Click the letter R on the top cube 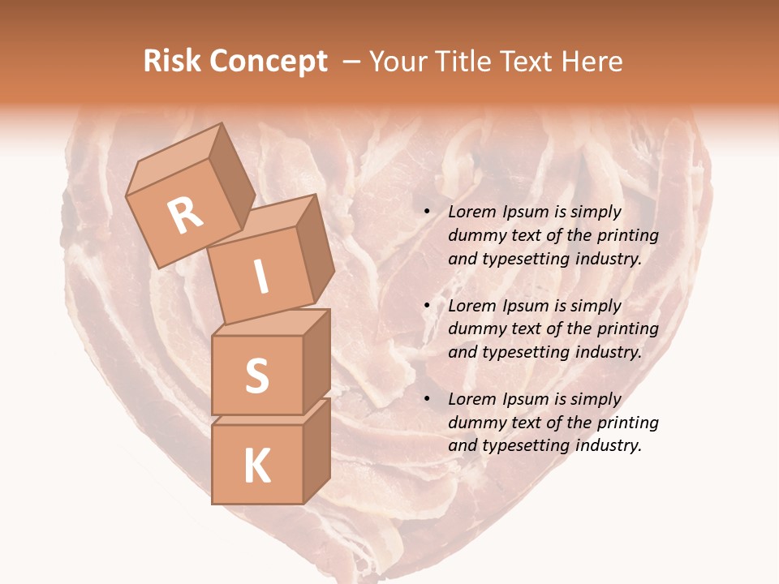pyautogui.click(x=185, y=216)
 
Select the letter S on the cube pyautogui.click(x=256, y=376)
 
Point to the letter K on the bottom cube pyautogui.click(x=256, y=466)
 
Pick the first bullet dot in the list pyautogui.click(x=427, y=213)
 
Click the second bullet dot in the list pyautogui.click(x=427, y=307)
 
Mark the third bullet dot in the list pyautogui.click(x=427, y=400)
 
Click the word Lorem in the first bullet pyautogui.click(x=471, y=213)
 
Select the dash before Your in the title pyautogui.click(x=352, y=62)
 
